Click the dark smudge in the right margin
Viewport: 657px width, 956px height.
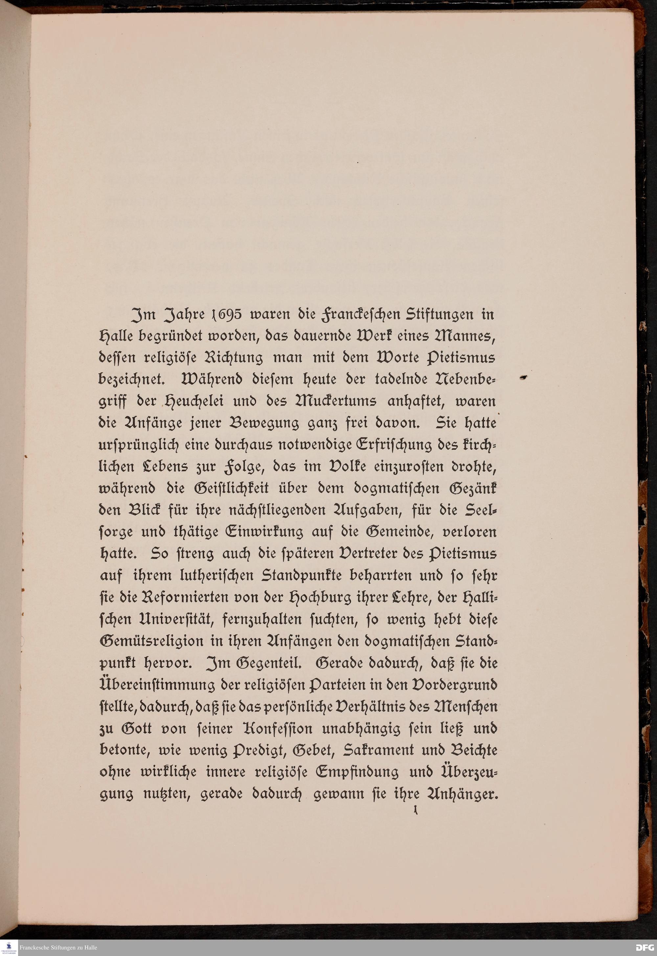coord(524,377)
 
